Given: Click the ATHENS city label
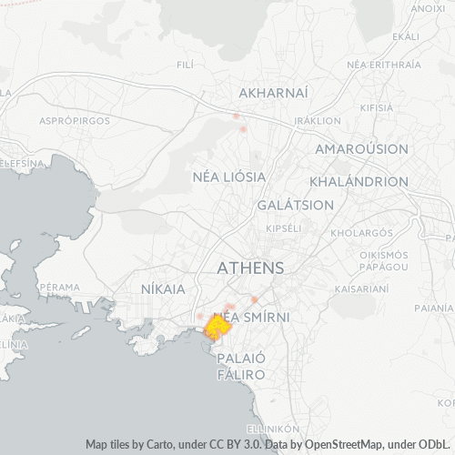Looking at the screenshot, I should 250,268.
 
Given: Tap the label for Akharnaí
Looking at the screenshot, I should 273,93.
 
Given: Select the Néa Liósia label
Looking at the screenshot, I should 229,176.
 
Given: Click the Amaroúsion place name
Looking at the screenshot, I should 361,148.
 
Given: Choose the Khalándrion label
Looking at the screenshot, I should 359,181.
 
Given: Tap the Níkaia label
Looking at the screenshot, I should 164,288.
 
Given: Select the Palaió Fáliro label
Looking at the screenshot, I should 241,367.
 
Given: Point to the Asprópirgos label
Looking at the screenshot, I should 75,120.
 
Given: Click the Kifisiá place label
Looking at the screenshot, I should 376,107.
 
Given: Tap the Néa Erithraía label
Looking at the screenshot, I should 385,65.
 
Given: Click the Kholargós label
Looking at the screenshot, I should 355,232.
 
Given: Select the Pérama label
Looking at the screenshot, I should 62,287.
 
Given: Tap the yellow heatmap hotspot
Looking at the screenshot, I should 217,328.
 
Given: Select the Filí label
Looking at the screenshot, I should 185,65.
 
